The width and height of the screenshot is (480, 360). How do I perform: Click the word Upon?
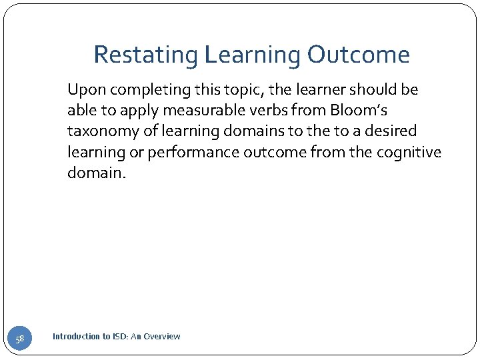coord(83,89)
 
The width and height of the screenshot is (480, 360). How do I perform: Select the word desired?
coord(391,131)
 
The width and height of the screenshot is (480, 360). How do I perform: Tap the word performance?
coord(193,153)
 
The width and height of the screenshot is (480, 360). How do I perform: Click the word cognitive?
coord(409,153)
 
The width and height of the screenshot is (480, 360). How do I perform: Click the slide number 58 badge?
coord(20,339)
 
